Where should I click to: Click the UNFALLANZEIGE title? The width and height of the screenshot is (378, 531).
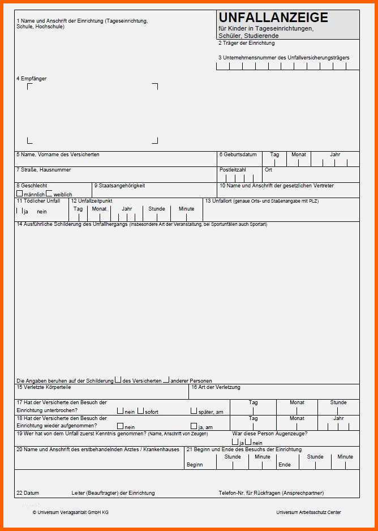[273, 18]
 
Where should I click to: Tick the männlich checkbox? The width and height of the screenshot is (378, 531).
[20, 194]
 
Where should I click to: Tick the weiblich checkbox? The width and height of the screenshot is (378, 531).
[49, 194]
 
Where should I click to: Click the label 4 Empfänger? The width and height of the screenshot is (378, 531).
[32, 79]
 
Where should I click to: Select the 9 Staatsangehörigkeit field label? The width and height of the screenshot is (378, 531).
[119, 186]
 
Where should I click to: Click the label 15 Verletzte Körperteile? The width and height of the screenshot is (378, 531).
[44, 387]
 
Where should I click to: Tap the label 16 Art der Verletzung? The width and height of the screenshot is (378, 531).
[216, 387]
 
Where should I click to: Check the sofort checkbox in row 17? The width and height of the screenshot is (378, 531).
[140, 411]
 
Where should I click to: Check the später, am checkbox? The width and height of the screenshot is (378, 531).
[194, 411]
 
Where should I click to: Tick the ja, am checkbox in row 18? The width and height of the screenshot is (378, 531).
[194, 426]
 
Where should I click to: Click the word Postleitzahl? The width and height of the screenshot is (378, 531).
[233, 170]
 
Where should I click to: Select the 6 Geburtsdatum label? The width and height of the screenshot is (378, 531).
[238, 155]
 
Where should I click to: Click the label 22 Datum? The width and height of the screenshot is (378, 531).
[28, 493]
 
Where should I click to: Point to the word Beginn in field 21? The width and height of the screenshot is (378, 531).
[194, 465]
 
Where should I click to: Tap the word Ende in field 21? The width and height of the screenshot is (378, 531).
[285, 465]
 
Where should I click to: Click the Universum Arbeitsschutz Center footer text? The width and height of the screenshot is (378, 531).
[308, 512]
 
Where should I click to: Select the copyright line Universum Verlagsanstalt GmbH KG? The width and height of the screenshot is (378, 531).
[70, 512]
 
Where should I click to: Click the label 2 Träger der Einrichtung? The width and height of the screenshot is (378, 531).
[246, 43]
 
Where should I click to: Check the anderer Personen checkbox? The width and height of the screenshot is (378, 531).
[166, 380]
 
